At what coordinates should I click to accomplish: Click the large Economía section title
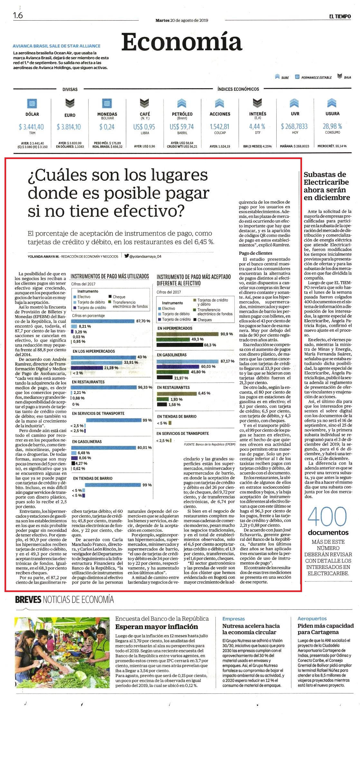tap(182, 42)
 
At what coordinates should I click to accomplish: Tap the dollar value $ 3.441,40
tap(32, 127)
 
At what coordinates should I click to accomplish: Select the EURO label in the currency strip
tap(70, 115)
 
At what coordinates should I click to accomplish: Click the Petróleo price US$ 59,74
tap(182, 127)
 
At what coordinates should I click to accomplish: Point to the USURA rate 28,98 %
tap(332, 126)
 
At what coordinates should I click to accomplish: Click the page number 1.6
tap(18, 15)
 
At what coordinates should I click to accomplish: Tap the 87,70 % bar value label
tap(143, 321)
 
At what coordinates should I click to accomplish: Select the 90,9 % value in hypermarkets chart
tap(227, 334)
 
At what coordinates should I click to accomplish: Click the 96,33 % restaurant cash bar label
tap(145, 387)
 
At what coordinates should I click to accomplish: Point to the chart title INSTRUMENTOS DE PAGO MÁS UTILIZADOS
tap(110, 276)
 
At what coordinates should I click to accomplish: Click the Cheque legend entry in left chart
tap(119, 297)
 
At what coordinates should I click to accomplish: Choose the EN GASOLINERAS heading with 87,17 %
tap(172, 355)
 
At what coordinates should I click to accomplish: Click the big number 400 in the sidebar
tap(327, 517)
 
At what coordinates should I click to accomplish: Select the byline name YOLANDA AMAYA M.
tap(43, 256)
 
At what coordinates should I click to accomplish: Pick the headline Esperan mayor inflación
tap(156, 626)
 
